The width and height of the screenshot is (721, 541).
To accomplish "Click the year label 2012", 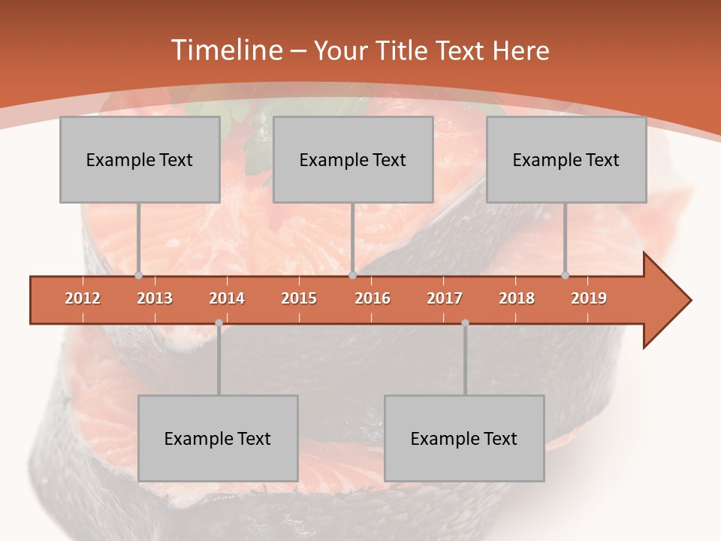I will click(x=83, y=298).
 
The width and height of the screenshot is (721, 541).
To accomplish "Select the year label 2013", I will click(x=155, y=298).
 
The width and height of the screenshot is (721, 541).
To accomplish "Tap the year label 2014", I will click(x=227, y=298).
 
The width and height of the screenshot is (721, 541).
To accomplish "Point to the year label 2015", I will click(x=299, y=298).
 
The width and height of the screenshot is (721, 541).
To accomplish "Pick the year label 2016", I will click(x=373, y=298).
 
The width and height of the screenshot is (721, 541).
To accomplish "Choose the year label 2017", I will click(x=445, y=298).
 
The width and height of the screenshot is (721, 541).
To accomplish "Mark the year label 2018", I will click(x=517, y=298).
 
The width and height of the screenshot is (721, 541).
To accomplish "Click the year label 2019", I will click(x=589, y=298).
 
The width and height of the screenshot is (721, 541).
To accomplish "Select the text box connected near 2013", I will click(x=140, y=159).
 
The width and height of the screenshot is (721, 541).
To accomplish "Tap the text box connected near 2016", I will click(x=353, y=159).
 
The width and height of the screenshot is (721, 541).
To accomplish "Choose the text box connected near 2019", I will click(x=566, y=159).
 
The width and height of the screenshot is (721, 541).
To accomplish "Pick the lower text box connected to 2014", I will click(x=218, y=438).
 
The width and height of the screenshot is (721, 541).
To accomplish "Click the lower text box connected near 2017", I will click(x=464, y=438).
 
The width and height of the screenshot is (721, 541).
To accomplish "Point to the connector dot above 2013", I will click(x=138, y=276).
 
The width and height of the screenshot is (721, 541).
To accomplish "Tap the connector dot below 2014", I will click(x=219, y=322).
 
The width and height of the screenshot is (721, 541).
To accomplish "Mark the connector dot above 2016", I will click(x=353, y=276).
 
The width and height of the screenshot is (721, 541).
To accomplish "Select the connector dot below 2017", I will click(x=465, y=322).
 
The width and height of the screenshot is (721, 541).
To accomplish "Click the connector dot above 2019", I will click(x=566, y=276).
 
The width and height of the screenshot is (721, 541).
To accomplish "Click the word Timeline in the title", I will click(x=227, y=50).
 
